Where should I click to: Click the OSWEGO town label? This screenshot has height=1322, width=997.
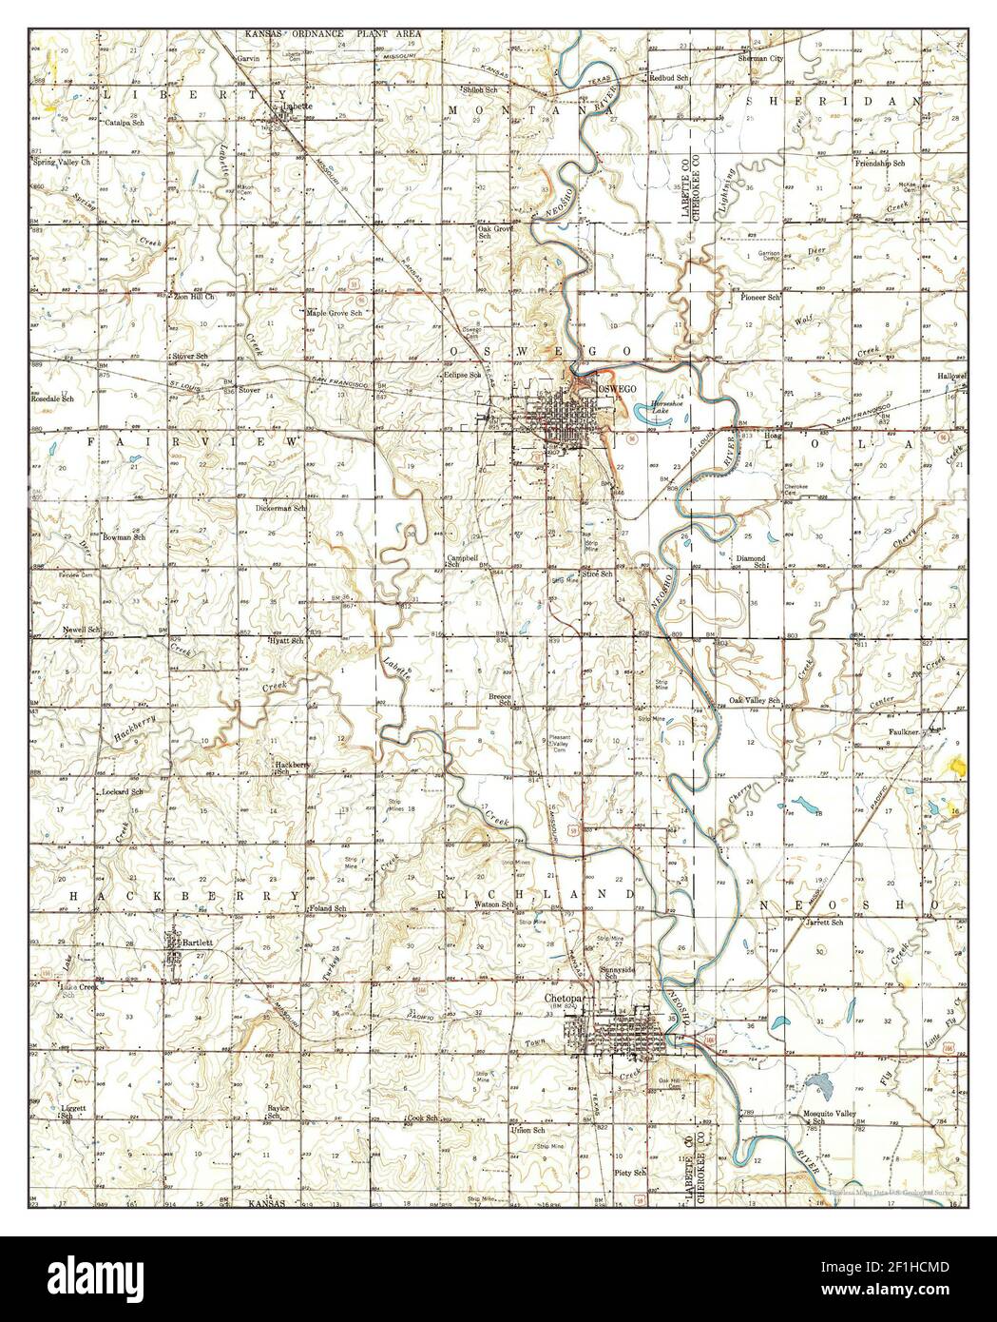point(612,390)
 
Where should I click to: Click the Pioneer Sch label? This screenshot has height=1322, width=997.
point(760,298)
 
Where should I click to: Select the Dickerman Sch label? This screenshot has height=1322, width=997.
point(280,508)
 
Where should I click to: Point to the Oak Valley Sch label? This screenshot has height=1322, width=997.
point(754,701)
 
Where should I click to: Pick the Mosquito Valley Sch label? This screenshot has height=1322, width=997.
point(818,1117)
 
